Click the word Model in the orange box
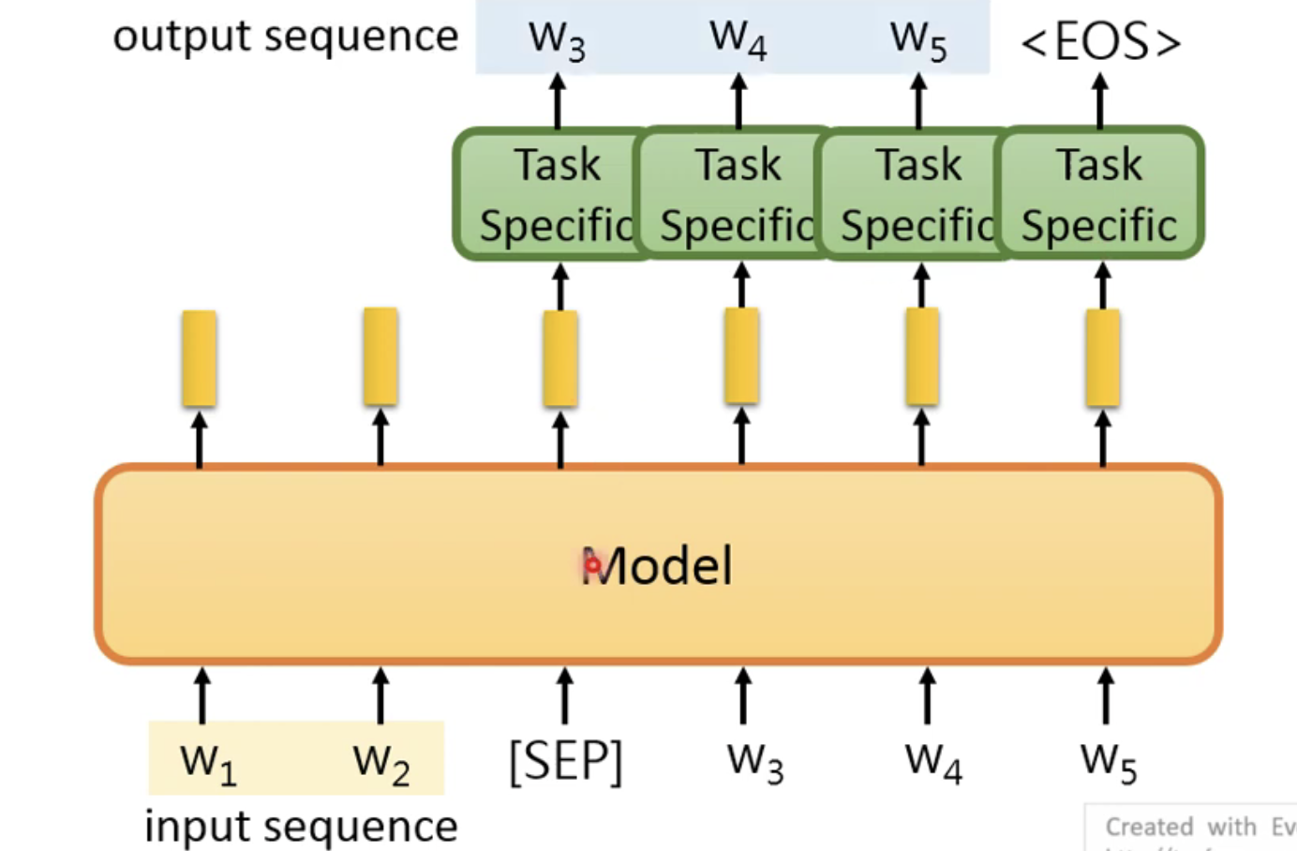click(x=658, y=566)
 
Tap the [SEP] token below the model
click(x=565, y=761)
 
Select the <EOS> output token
click(x=1100, y=42)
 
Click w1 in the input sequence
click(x=207, y=761)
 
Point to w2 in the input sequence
click(x=380, y=761)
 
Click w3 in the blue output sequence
click(x=557, y=39)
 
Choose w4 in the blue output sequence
click(x=738, y=39)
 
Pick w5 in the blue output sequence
click(x=918, y=39)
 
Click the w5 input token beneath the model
click(x=1108, y=761)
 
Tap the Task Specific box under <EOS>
click(x=1100, y=193)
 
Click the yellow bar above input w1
click(x=199, y=358)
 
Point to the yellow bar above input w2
click(x=380, y=357)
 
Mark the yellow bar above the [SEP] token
click(x=560, y=359)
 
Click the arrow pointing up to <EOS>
click(x=1100, y=101)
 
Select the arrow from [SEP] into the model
click(x=564, y=695)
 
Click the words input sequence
click(x=301, y=827)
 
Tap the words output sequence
click(x=285, y=37)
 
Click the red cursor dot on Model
click(x=592, y=565)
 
